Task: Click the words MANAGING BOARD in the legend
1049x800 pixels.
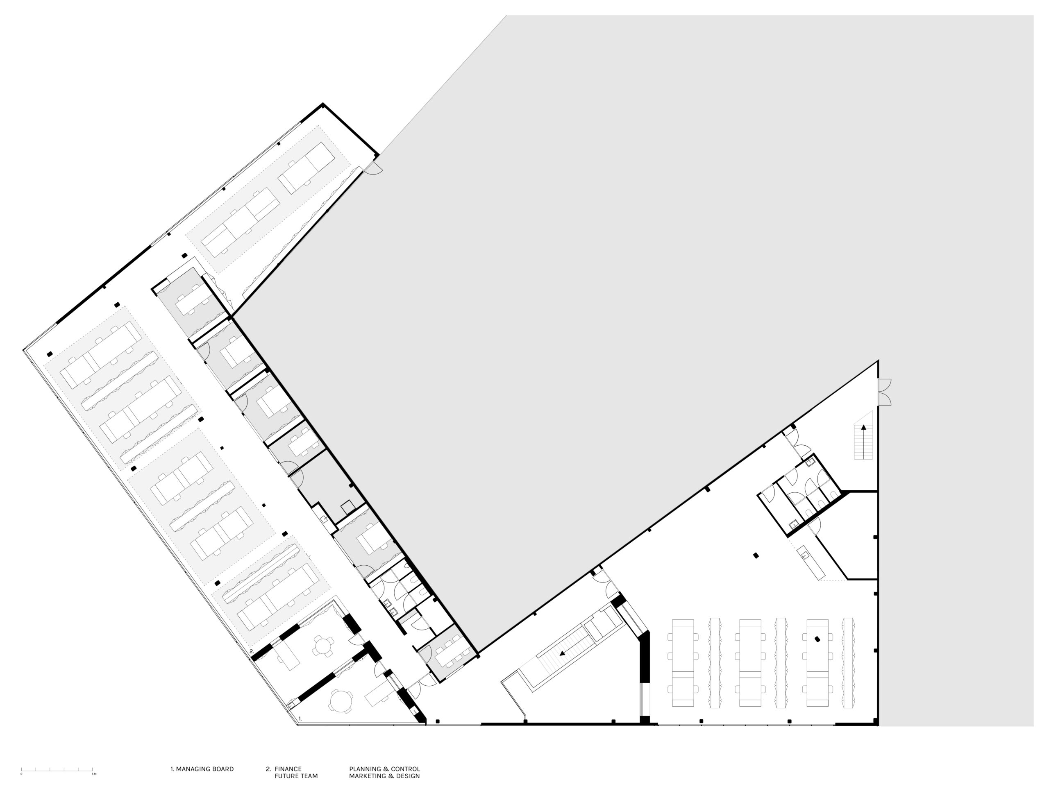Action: pos(205,769)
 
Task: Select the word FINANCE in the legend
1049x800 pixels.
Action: pos(288,769)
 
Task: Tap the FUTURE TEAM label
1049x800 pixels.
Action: pos(296,776)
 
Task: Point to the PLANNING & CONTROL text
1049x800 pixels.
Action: pos(384,769)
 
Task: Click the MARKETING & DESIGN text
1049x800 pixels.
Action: pos(384,776)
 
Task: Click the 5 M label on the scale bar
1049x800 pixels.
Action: pos(94,774)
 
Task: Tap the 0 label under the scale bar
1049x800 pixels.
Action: pos(21,774)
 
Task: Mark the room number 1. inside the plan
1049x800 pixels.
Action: pos(300,718)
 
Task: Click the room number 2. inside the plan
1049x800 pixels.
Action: pos(252,651)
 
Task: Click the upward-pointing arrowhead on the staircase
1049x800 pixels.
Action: pos(863,428)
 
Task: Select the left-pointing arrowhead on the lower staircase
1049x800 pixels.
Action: pos(562,653)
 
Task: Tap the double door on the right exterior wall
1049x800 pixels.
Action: pos(884,392)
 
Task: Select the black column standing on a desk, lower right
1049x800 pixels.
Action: pos(817,639)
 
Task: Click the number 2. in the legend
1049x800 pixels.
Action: pos(268,769)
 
